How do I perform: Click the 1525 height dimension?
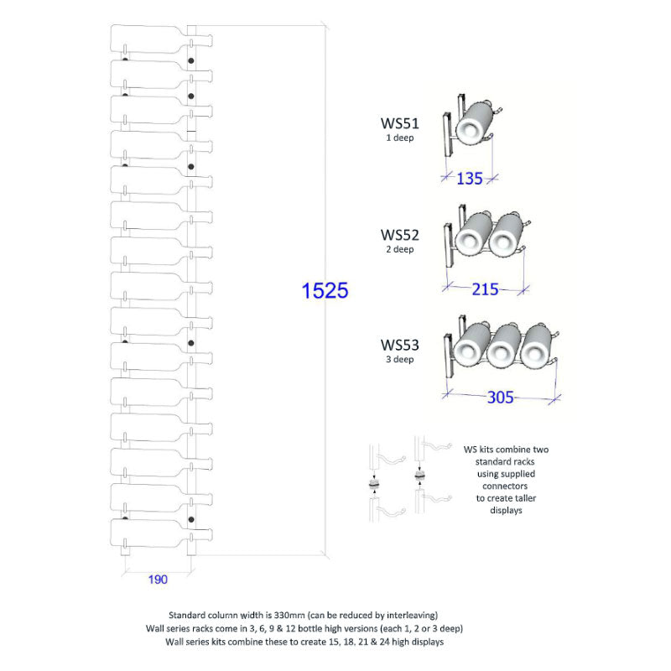point(325,290)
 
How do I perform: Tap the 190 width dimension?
point(158,580)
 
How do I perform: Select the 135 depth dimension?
point(470,179)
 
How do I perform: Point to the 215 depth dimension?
point(485,289)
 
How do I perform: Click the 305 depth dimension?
point(500,397)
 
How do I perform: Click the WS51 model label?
point(400,123)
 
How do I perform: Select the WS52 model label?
point(400,235)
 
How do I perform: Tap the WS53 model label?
point(400,345)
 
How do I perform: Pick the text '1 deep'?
point(400,138)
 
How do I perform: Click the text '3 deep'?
point(400,360)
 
